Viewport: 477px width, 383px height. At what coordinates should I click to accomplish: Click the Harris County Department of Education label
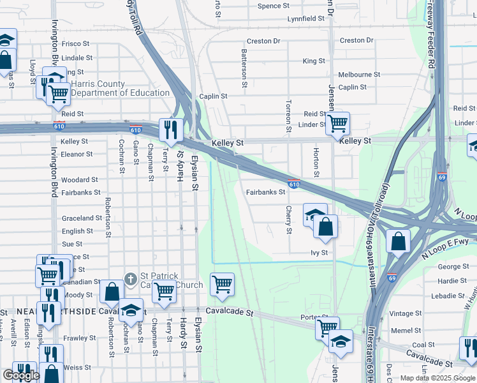pyautogui.click(x=120, y=88)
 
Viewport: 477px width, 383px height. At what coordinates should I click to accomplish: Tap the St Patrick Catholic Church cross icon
pyautogui.click(x=130, y=279)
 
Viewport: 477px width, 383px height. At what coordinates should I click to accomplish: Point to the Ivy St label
pyautogui.click(x=319, y=253)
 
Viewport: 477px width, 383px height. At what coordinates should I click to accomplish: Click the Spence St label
pyautogui.click(x=273, y=6)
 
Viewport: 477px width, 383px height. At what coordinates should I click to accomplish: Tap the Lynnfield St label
pyautogui.click(x=305, y=19)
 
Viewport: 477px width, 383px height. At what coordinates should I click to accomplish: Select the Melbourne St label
pyautogui.click(x=359, y=75)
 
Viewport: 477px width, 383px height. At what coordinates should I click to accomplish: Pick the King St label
pyautogui.click(x=314, y=61)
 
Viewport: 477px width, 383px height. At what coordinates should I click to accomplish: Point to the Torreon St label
pyautogui.click(x=289, y=117)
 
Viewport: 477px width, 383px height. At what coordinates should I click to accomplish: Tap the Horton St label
pyautogui.click(x=316, y=163)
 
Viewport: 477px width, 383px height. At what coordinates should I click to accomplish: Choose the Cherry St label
pyautogui.click(x=289, y=219)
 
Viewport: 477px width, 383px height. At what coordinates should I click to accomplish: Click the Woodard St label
pyautogui.click(x=80, y=181)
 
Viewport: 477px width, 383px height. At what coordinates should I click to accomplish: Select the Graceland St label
pyautogui.click(x=82, y=218)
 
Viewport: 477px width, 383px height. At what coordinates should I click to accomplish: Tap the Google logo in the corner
pyautogui.click(x=21, y=375)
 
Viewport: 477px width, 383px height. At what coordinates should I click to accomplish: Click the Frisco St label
pyautogui.click(x=75, y=45)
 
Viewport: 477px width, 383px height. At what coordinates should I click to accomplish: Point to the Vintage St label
pyautogui.click(x=402, y=313)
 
